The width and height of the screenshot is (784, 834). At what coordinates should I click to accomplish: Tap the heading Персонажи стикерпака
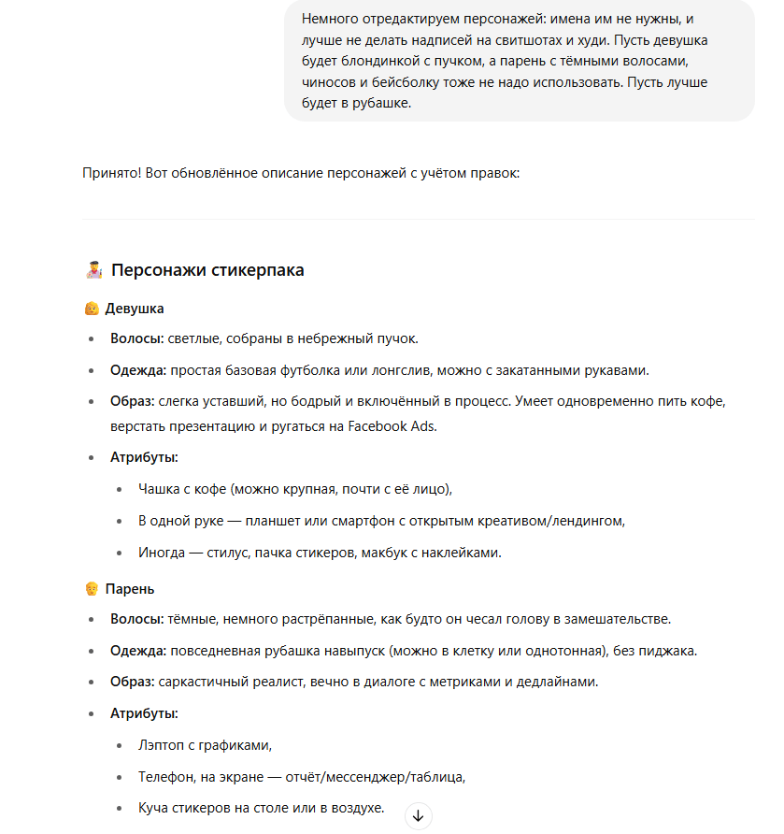pos(207,270)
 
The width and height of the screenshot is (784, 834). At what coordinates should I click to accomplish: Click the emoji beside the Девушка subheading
pos(92,309)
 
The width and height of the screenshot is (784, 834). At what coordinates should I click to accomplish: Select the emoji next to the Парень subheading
pos(92,589)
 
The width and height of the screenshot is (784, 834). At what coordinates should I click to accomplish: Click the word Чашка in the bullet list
pos(158,488)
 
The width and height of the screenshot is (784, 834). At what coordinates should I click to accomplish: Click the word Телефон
pos(165,776)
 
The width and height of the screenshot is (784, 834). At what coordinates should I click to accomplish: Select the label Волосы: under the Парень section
pos(136,619)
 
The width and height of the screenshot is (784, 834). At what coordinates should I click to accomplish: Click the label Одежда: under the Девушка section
pos(138,370)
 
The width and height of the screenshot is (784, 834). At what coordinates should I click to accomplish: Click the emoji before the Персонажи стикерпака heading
pos(93,270)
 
